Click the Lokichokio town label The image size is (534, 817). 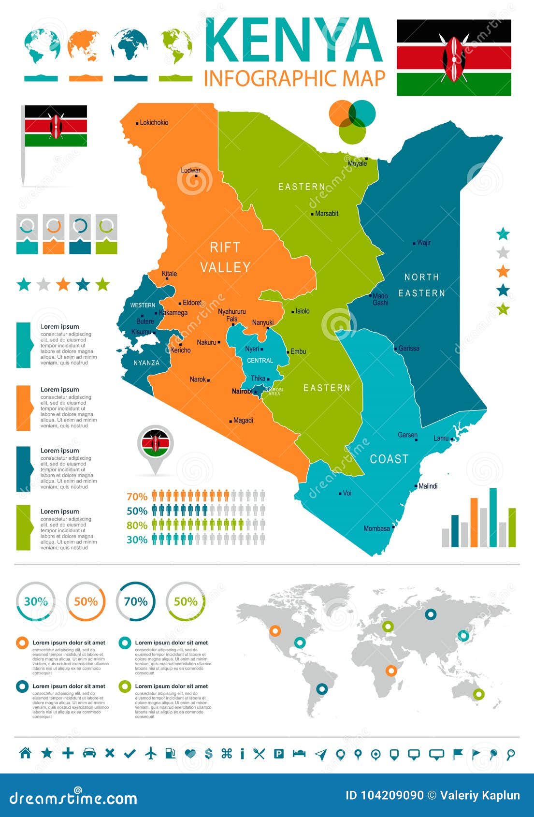tap(154, 123)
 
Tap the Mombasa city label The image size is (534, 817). tap(376, 528)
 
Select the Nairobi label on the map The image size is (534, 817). tap(242, 391)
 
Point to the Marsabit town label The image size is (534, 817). tap(326, 213)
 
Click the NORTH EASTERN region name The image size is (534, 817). tap(421, 285)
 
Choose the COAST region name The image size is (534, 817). tap(389, 459)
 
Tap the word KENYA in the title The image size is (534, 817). tap(294, 41)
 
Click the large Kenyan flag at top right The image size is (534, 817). tap(453, 58)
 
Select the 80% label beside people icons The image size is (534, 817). tap(137, 525)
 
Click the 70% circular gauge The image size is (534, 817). tap(136, 601)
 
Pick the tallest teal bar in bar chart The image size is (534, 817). tap(493, 517)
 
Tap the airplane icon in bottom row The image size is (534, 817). tap(151, 753)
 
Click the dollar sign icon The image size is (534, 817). tap(209, 753)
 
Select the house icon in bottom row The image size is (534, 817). tap(25, 753)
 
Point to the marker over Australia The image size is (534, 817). tap(478, 694)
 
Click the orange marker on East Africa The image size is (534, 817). tap(391, 671)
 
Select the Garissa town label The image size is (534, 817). tap(409, 348)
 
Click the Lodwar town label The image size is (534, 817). tap(190, 170)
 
